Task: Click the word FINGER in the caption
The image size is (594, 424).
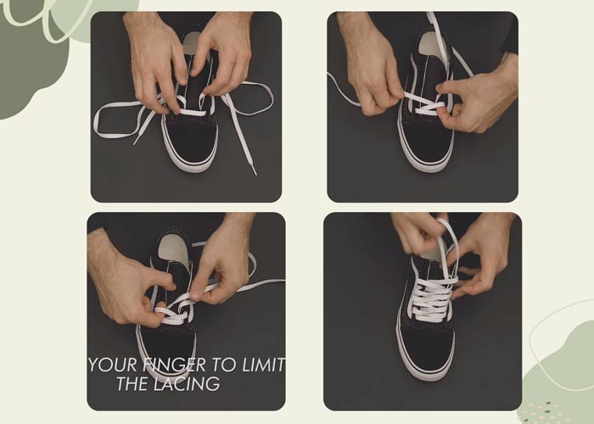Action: [174, 365]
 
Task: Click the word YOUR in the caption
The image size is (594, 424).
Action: [112, 365]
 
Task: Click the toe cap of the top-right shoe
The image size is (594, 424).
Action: [426, 143]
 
